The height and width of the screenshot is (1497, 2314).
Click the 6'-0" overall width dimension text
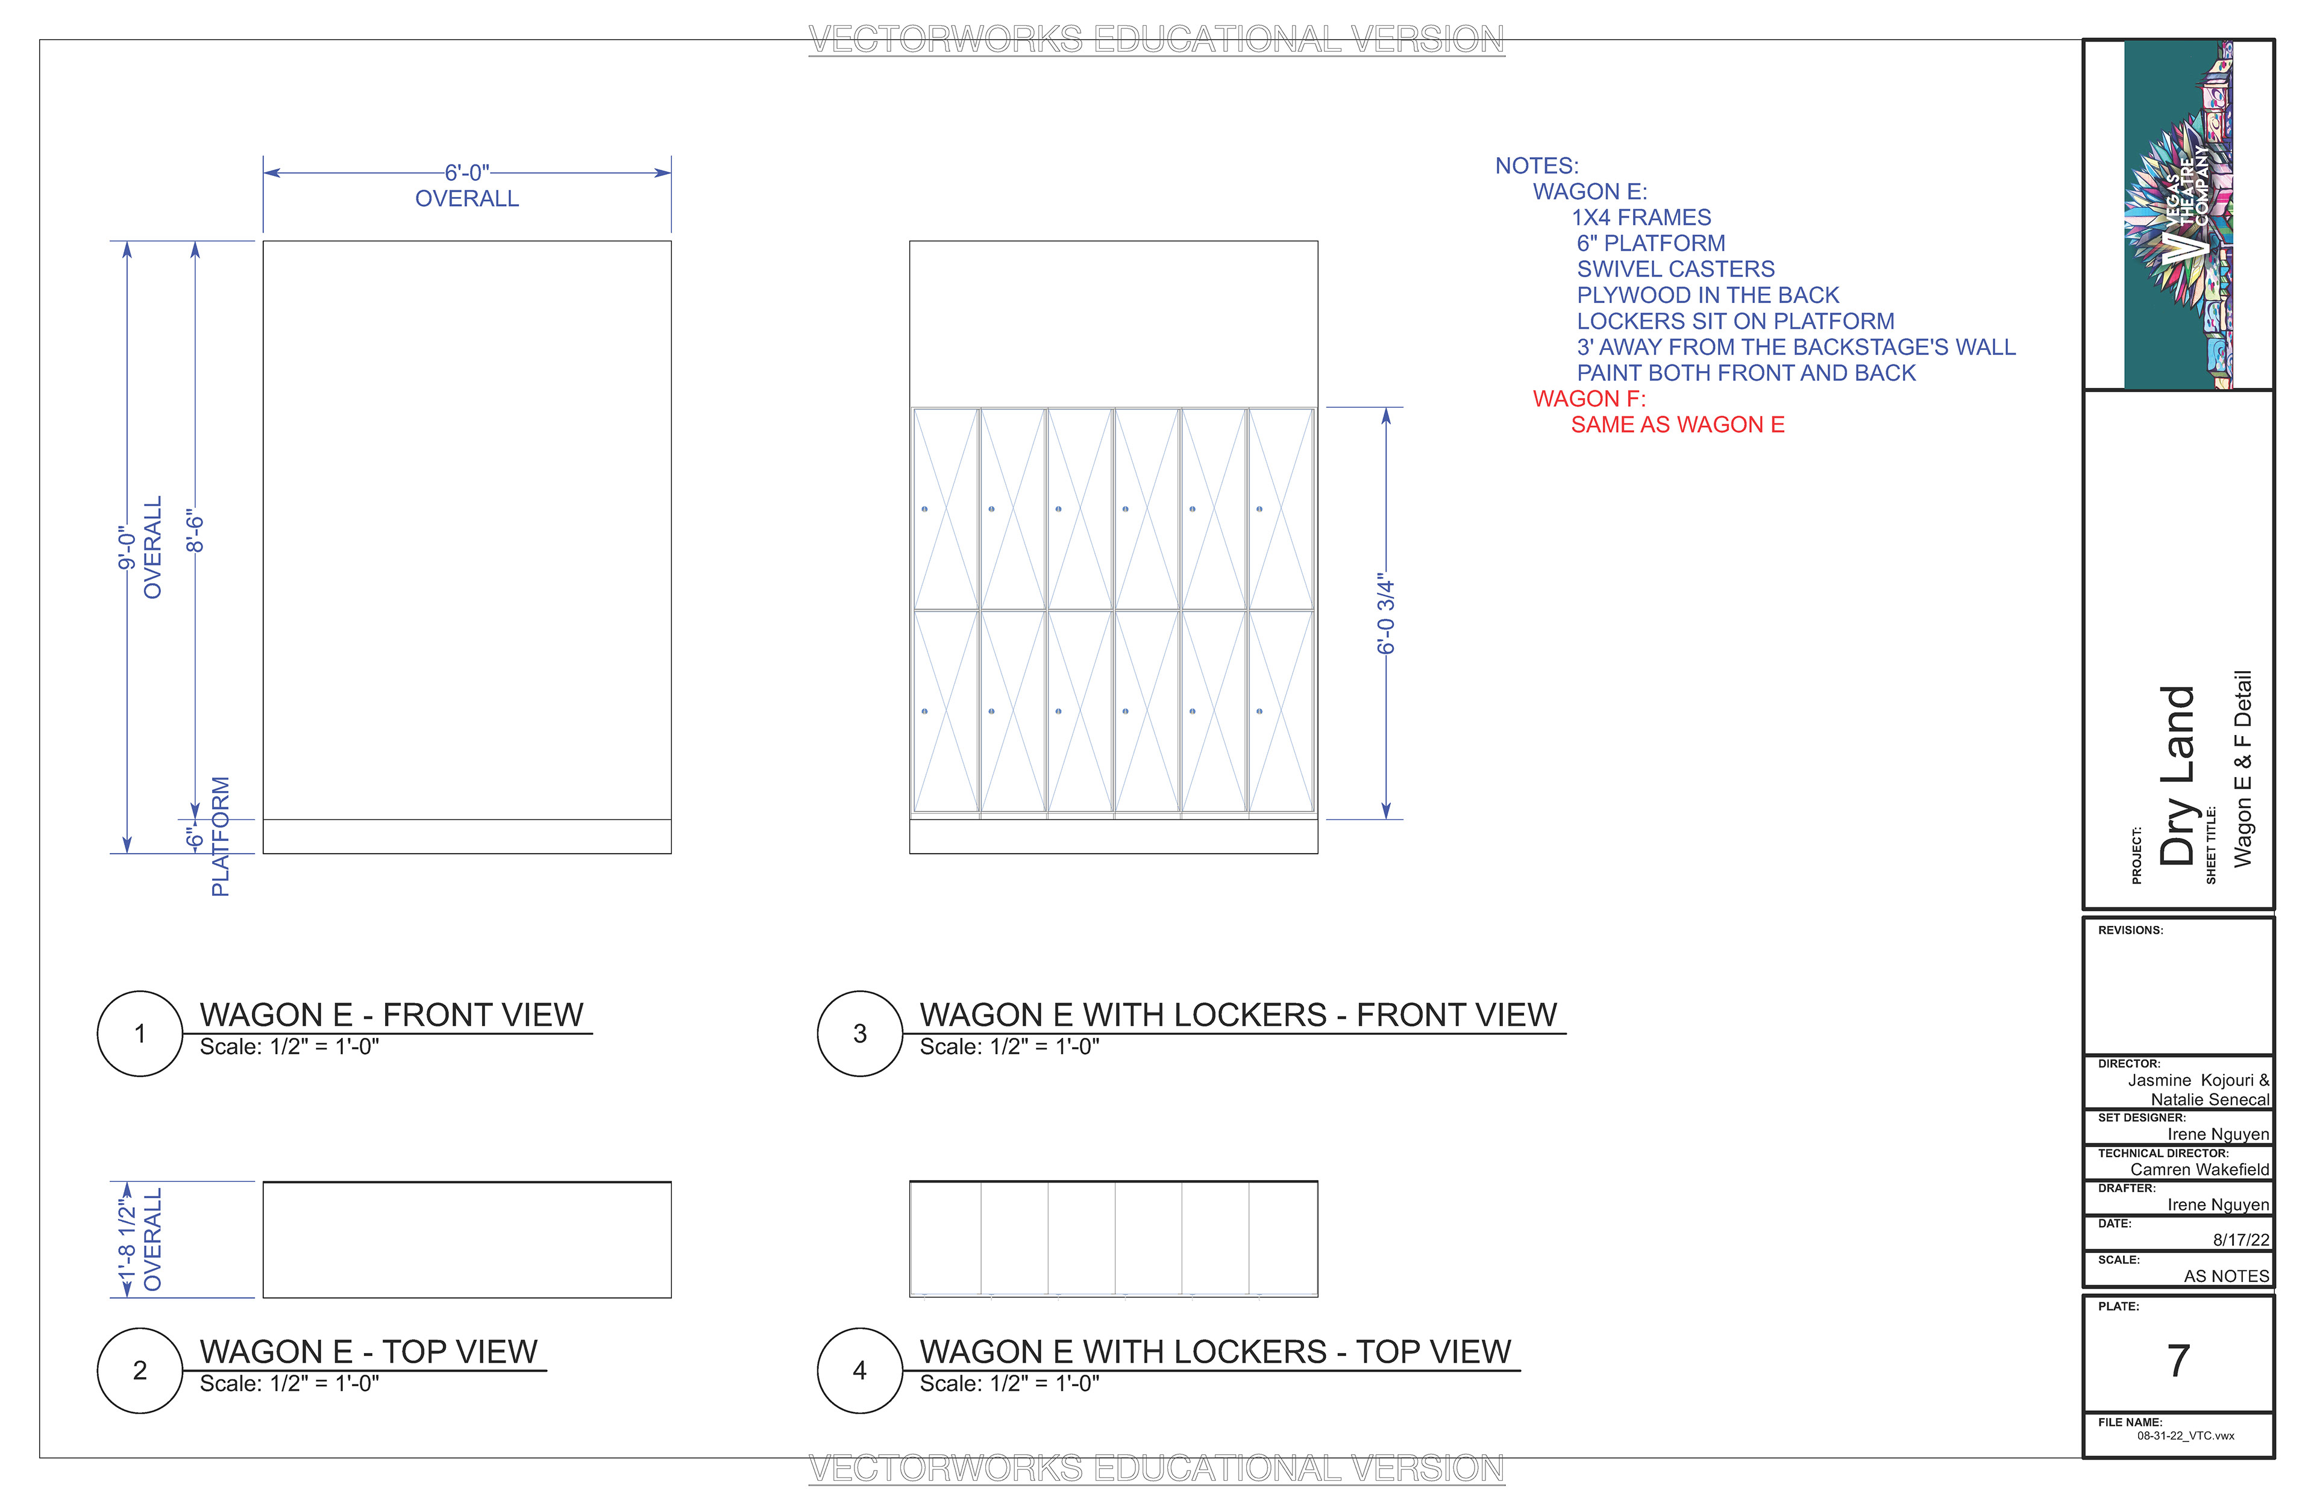click(x=466, y=173)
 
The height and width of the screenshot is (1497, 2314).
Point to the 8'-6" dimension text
click(x=195, y=531)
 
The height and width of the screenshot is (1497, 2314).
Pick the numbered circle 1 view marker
click(x=140, y=1033)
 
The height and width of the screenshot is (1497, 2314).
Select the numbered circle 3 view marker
click(x=859, y=1033)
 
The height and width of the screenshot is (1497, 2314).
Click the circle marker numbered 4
click(x=859, y=1370)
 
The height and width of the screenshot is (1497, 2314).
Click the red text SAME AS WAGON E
click(x=1677, y=425)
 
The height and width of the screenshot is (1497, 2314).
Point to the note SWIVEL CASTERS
click(x=1675, y=269)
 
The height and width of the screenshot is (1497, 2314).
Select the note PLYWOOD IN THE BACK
click(x=1707, y=296)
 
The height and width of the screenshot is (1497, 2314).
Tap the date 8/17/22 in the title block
click(x=2241, y=1239)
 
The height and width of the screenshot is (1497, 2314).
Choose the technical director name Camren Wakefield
click(x=2200, y=1169)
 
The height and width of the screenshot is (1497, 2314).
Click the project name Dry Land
click(x=2178, y=776)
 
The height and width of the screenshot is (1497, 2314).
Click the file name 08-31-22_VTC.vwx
click(x=2186, y=1436)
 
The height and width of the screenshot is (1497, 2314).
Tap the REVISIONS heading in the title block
click(x=2130, y=930)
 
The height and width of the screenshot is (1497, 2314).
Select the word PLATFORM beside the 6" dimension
click(x=221, y=836)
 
